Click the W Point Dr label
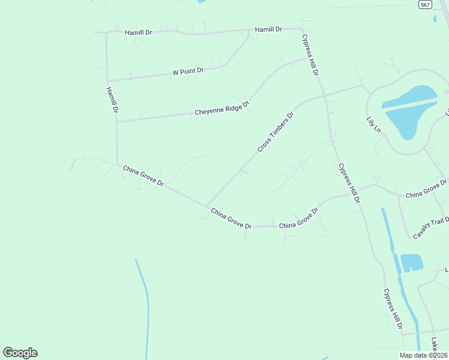click(x=188, y=71)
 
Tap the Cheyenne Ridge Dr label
click(x=221, y=109)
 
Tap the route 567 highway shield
click(x=425, y=4)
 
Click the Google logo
click(x=20, y=353)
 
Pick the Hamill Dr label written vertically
click(x=112, y=101)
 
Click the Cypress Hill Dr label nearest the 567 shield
click(x=310, y=55)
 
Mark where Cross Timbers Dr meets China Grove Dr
click(x=206, y=206)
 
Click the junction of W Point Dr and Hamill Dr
click(x=107, y=80)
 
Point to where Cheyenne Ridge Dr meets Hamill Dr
click(x=116, y=122)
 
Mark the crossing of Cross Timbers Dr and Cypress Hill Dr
click(x=325, y=95)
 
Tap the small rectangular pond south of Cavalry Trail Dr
click(x=411, y=263)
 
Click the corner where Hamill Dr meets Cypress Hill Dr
click(x=302, y=28)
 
